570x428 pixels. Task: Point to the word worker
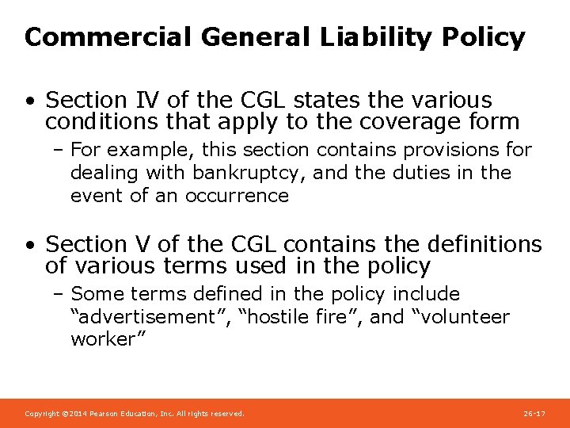pyautogui.click(x=101, y=339)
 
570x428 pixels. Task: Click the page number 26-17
pyautogui.click(x=534, y=414)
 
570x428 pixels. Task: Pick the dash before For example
pyautogui.click(x=60, y=150)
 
